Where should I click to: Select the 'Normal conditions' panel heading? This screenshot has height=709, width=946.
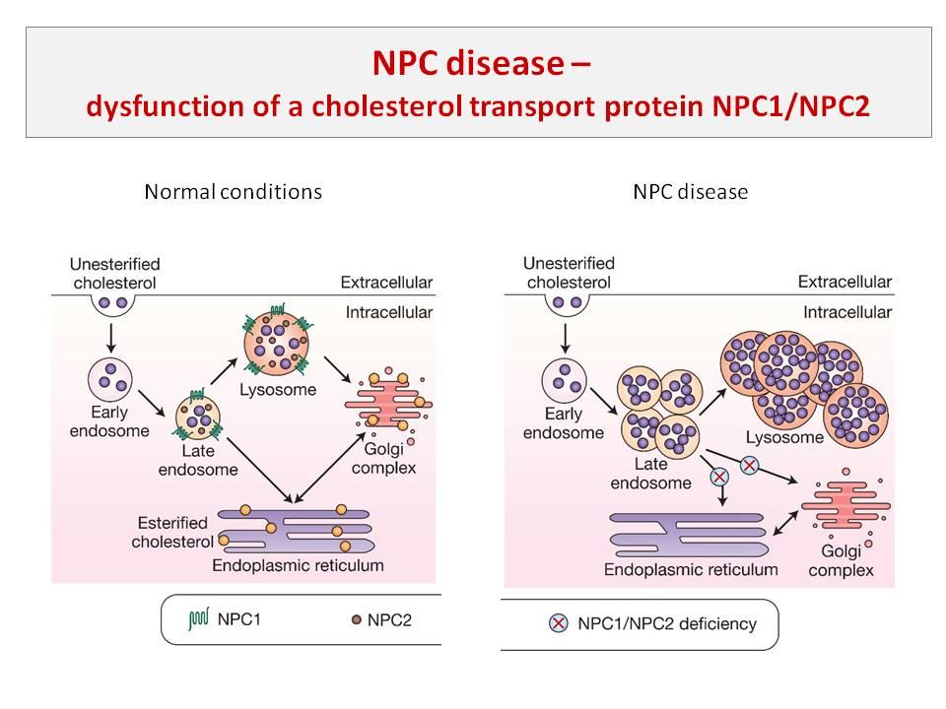[233, 191]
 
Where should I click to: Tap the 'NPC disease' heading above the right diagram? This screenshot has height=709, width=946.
[690, 191]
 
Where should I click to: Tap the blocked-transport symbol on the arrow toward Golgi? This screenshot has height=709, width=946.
[751, 464]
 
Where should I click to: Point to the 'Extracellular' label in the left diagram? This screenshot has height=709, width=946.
[386, 283]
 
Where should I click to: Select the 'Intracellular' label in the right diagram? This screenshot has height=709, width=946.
[845, 312]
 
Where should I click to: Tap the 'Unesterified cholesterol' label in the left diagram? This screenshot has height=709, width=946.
[114, 272]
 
